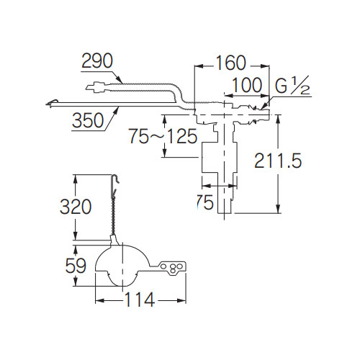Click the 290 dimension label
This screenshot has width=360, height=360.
click(97, 60)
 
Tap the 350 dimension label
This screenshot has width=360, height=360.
click(88, 120)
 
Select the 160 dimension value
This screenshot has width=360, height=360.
click(231, 63)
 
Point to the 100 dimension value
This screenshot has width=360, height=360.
click(247, 85)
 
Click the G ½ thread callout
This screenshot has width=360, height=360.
click(292, 85)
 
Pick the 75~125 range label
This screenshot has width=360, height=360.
click(163, 136)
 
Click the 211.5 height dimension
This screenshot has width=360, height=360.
click(278, 161)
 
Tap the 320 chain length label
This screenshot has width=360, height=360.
click(76, 207)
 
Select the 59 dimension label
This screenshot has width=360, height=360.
click(76, 266)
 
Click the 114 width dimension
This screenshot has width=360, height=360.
click(140, 300)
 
